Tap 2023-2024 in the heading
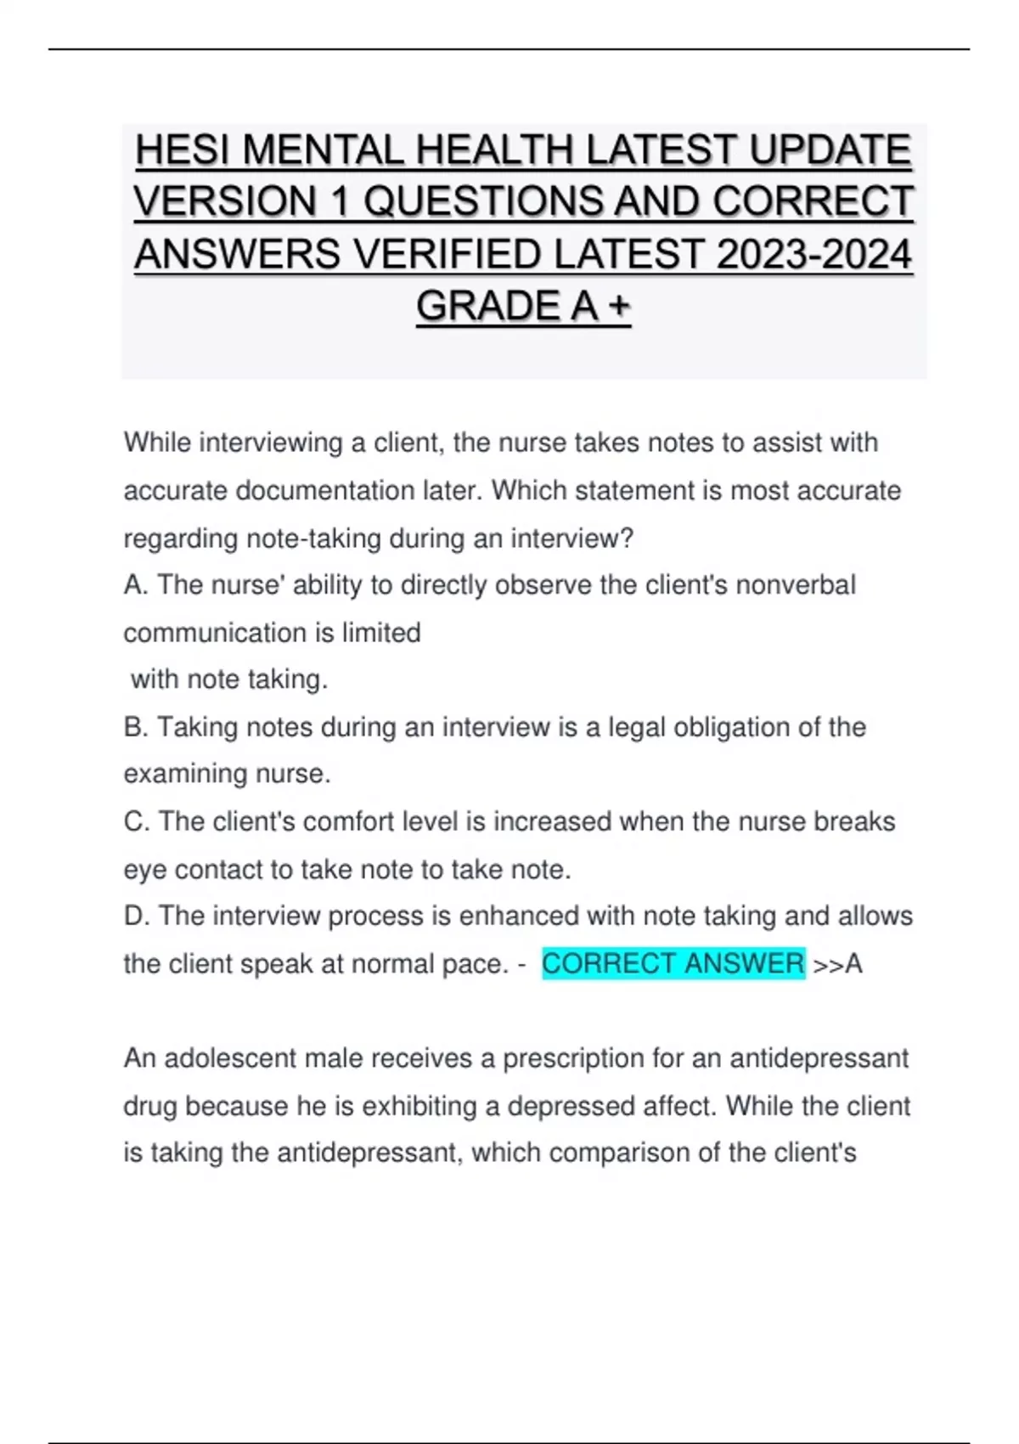pos(814,255)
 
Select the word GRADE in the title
pos(487,307)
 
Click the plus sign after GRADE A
pos(619,307)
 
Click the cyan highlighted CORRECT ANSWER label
pos(673,963)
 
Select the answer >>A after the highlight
pos(837,964)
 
